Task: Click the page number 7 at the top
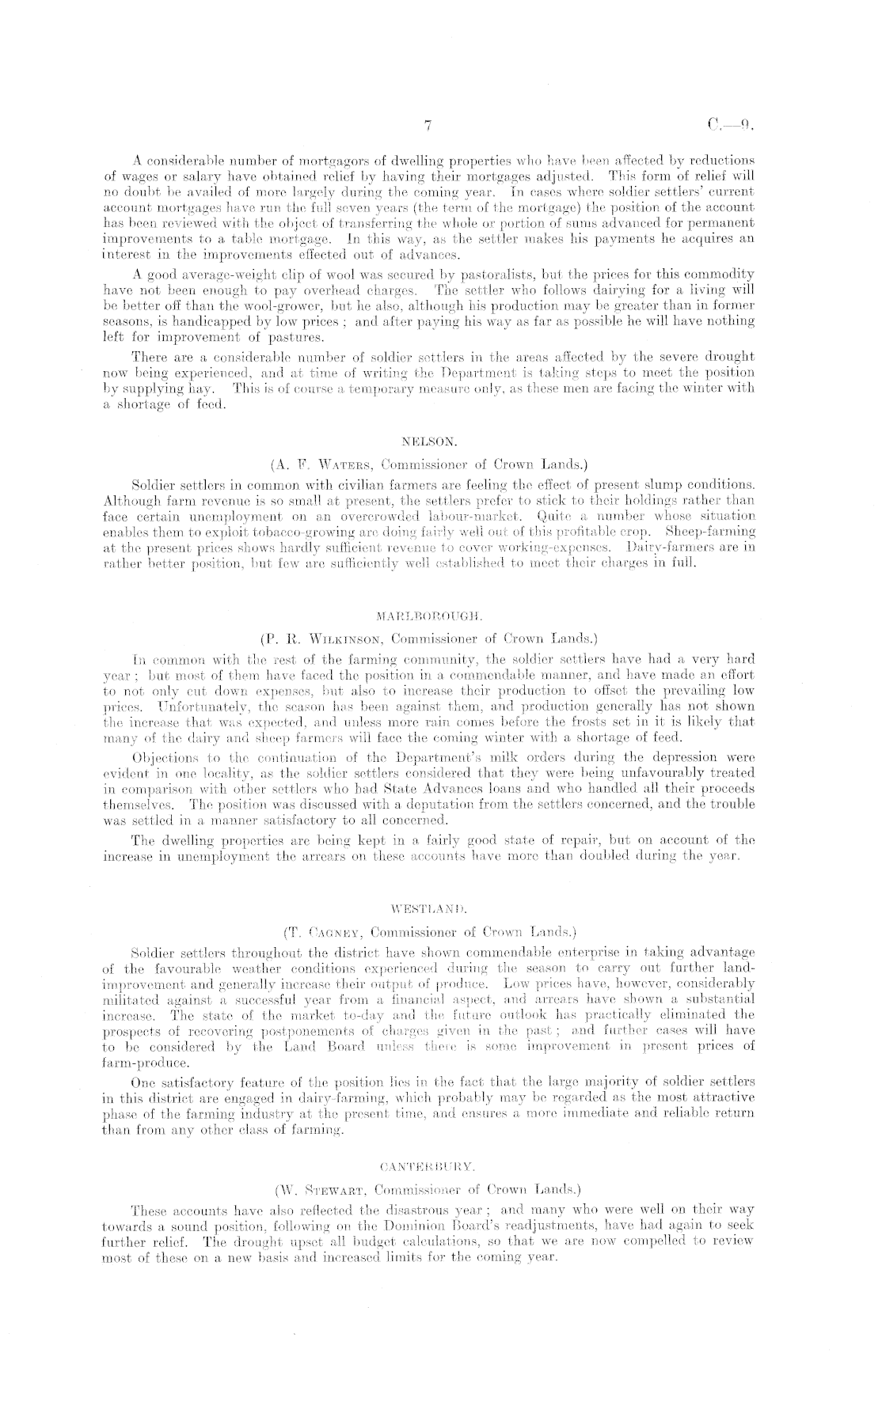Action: (x=427, y=125)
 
